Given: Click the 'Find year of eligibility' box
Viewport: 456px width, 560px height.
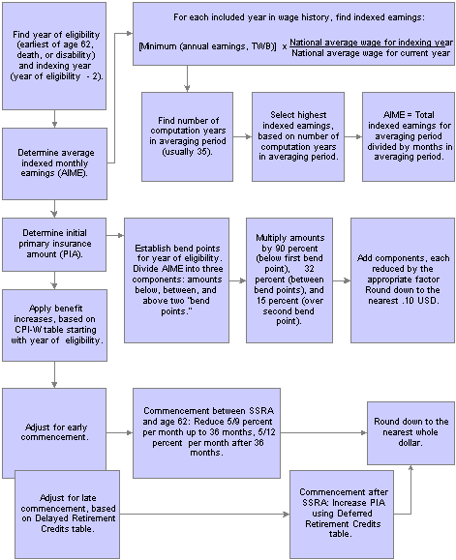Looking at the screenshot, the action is tap(54, 56).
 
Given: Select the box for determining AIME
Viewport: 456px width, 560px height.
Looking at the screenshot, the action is tap(54, 163).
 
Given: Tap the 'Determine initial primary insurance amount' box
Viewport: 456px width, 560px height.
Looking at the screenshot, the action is tap(54, 245).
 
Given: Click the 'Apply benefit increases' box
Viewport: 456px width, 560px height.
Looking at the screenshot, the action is tap(54, 325).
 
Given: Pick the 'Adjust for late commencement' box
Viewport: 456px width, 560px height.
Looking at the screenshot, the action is tap(67, 515).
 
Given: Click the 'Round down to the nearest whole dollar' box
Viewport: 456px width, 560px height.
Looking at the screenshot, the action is tap(410, 433).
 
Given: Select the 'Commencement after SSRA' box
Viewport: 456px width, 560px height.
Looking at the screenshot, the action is tap(342, 515).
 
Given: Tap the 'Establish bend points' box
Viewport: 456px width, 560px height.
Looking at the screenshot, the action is tap(176, 280).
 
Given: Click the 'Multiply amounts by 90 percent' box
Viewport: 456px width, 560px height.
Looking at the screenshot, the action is tap(289, 280).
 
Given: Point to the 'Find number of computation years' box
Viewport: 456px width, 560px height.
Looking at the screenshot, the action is tap(187, 136).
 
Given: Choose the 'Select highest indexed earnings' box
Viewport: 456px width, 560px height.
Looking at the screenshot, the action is tap(298, 136).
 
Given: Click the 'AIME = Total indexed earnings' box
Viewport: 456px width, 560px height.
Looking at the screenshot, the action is tap(409, 136).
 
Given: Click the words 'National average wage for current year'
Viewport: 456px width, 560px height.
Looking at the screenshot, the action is tap(371, 53).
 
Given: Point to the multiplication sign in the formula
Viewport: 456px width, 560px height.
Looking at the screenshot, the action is tap(285, 46).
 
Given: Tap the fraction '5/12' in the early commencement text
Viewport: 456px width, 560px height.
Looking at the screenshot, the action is tap(266, 431).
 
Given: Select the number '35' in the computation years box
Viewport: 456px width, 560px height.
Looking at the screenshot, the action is tap(202, 152).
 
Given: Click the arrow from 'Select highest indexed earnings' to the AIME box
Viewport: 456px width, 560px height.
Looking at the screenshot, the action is tap(353, 136).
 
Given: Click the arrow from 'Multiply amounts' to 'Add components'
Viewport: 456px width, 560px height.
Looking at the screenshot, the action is tap(342, 280).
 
